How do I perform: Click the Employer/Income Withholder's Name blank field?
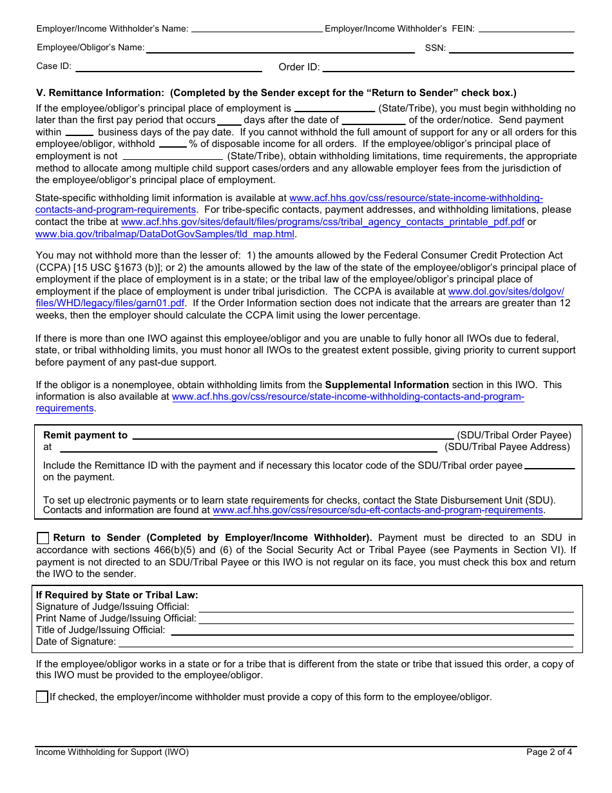click(x=257, y=28)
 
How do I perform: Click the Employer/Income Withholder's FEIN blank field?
click(x=526, y=28)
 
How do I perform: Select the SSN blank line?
click(x=512, y=48)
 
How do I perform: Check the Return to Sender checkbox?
click(x=43, y=538)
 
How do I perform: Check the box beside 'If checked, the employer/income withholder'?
click(x=43, y=697)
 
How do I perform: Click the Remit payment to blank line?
click(x=293, y=436)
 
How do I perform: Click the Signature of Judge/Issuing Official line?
click(x=386, y=607)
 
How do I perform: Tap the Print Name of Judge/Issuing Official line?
click(x=386, y=619)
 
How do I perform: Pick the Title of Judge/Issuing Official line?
click(x=372, y=631)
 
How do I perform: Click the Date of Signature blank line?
click(x=346, y=642)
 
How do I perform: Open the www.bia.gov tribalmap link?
click(x=165, y=234)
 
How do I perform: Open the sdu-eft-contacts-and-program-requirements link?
click(x=378, y=511)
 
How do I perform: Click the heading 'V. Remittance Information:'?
click(x=100, y=93)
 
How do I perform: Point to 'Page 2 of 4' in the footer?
click(x=549, y=752)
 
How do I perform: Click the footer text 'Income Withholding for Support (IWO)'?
click(x=113, y=752)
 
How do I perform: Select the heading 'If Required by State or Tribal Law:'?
click(x=117, y=595)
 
